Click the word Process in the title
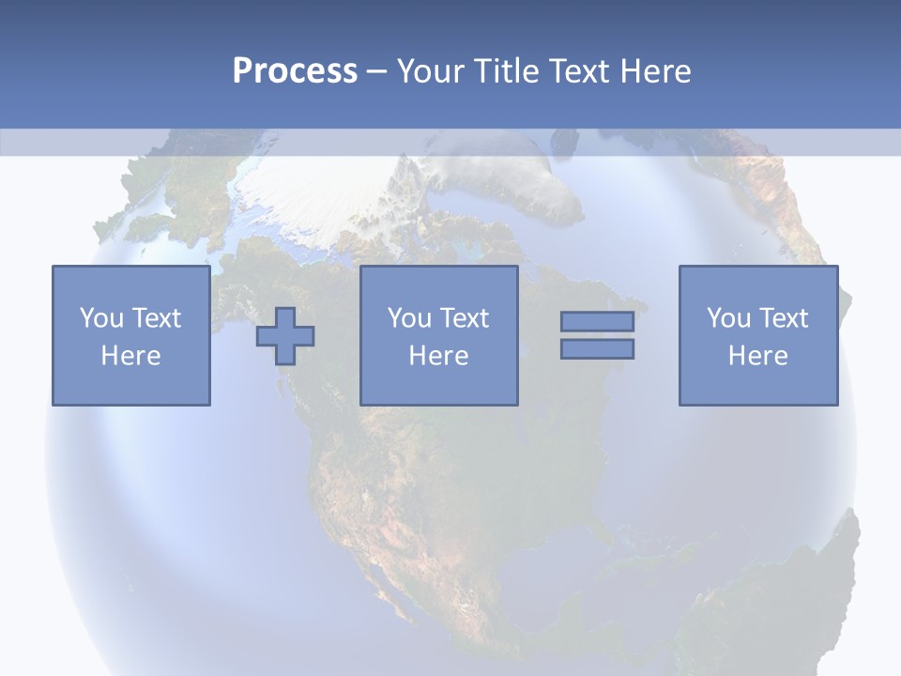[295, 71]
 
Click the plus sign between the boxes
[285, 335]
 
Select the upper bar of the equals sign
[597, 321]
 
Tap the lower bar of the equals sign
[597, 348]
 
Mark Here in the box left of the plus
[130, 356]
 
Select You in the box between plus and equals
[408, 318]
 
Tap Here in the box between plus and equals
[438, 356]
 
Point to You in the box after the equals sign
[727, 318]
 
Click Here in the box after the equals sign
[757, 356]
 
